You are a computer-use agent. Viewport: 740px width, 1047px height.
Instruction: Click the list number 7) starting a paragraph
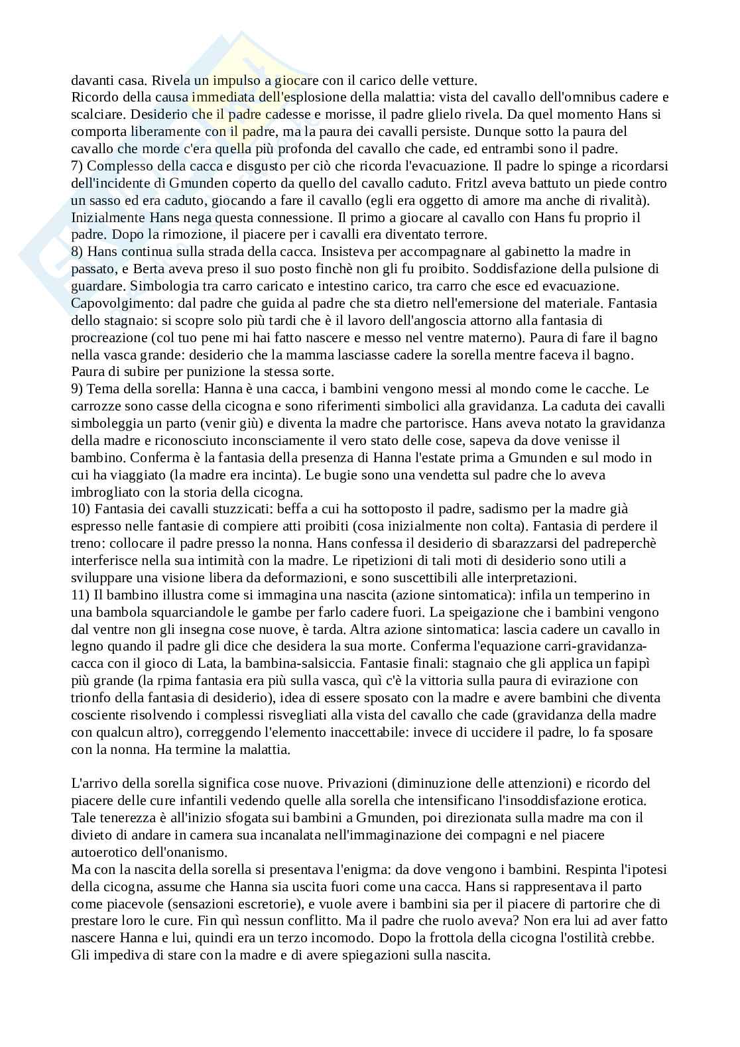point(77,166)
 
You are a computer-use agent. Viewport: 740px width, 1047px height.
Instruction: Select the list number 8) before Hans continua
point(77,252)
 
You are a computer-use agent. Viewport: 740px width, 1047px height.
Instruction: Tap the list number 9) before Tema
point(77,389)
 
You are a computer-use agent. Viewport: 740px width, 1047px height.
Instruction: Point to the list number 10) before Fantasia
point(80,509)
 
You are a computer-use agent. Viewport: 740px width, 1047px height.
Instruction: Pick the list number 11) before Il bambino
point(80,595)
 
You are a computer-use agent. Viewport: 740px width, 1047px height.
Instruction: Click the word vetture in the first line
point(454,81)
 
